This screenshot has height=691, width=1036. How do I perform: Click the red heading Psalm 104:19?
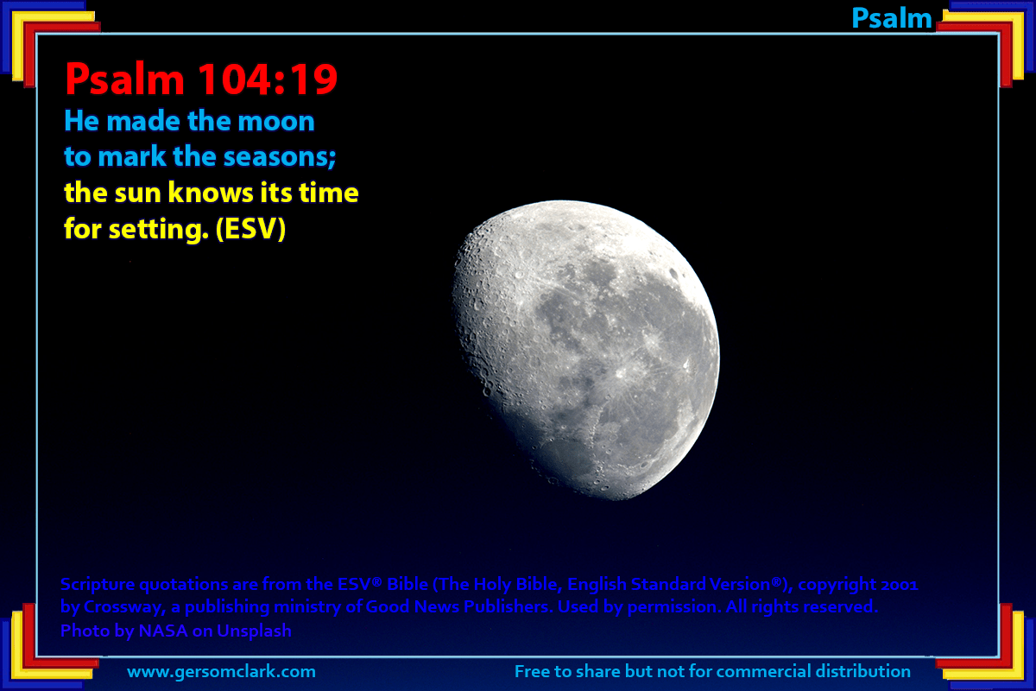pos(201,79)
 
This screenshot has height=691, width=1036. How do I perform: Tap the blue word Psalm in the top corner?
pos(891,18)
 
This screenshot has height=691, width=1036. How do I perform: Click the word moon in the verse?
pos(276,121)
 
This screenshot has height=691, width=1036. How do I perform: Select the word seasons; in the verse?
pos(280,157)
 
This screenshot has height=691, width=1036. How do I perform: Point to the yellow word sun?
pos(137,193)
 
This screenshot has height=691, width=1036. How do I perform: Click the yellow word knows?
pos(211,193)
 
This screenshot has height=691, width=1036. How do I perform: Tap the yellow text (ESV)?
pos(250,229)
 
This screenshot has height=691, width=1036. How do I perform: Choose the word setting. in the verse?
pos(158,230)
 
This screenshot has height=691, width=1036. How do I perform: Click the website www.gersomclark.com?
pos(221,672)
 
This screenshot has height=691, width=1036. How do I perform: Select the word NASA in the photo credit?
pos(163,631)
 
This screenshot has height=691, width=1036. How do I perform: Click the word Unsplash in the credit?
pos(254,631)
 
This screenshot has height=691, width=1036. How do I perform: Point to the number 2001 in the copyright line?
pos(899,585)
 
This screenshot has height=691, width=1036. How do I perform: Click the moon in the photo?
pos(585,350)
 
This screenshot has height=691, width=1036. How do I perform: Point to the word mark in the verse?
pos(132,156)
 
